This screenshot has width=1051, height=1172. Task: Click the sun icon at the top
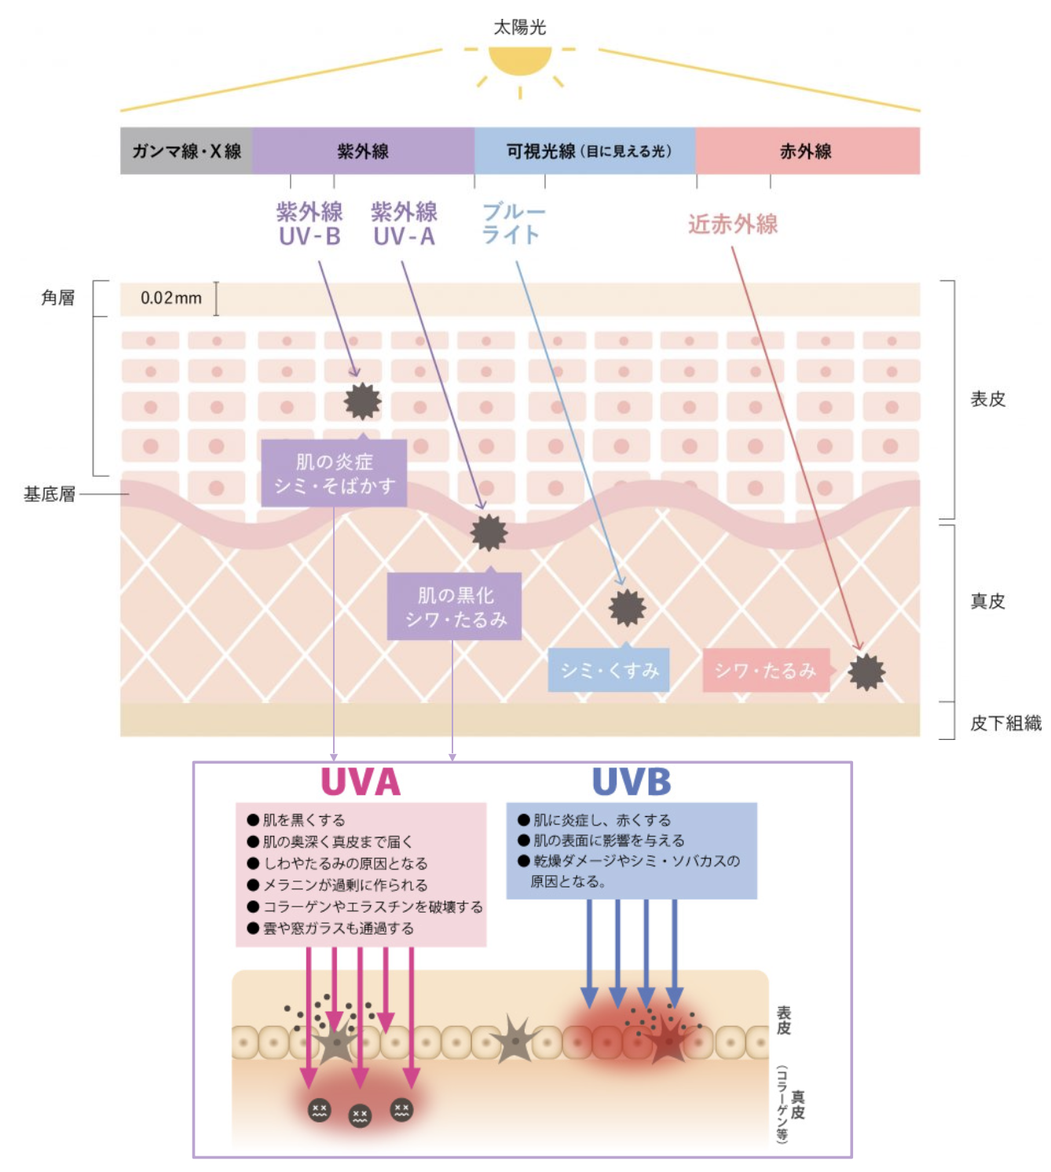(520, 60)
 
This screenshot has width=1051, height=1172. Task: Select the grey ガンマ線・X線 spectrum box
(186, 151)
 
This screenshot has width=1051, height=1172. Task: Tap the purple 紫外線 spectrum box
(363, 151)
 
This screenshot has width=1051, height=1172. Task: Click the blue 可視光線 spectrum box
(585, 151)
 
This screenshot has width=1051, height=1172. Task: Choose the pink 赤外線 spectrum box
(807, 151)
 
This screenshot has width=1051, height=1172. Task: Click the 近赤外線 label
(733, 224)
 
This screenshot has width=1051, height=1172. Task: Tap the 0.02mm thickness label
(171, 298)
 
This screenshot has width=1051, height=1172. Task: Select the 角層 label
(58, 298)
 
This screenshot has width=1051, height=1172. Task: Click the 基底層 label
(49, 494)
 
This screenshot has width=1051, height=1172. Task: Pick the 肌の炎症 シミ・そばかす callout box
(334, 473)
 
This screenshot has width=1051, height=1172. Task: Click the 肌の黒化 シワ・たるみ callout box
(455, 606)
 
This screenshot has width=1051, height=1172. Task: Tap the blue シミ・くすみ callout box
(609, 670)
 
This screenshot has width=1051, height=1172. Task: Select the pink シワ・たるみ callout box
(766, 670)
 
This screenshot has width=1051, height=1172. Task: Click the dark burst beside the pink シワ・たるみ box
(866, 672)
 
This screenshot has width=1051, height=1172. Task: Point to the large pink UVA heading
(361, 782)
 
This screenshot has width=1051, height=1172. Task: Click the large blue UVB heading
(632, 782)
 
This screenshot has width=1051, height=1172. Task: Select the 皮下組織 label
(1005, 723)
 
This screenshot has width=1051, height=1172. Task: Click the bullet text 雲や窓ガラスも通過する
(339, 928)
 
